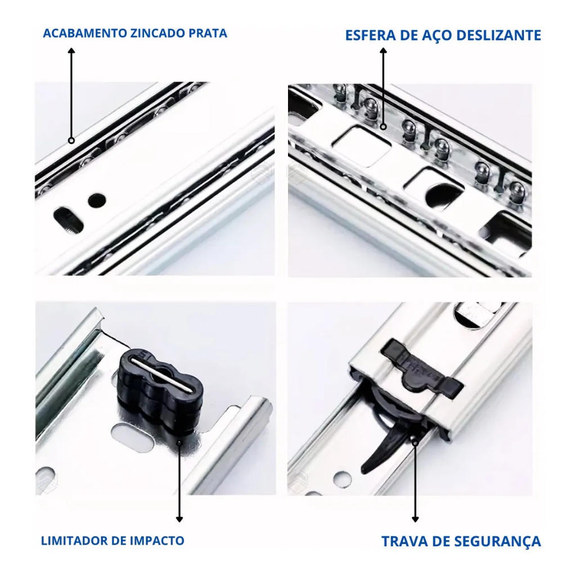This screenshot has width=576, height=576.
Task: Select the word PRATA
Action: coord(208,33)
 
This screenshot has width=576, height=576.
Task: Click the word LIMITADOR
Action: coord(74,541)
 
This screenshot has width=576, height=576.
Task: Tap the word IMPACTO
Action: coord(157,541)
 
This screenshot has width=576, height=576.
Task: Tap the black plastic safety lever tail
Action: coord(382,449)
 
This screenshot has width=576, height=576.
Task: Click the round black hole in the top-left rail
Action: coord(97,200)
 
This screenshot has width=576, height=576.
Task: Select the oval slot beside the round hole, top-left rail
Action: coord(68,219)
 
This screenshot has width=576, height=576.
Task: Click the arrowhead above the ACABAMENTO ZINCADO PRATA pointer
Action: coord(71,51)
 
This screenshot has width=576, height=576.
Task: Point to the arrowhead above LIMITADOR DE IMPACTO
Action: coord(179,519)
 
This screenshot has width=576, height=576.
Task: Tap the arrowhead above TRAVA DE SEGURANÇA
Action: coord(415,519)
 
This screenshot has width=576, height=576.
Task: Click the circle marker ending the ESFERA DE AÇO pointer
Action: coord(384,127)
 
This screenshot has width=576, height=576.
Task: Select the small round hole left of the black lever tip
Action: coord(343,479)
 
